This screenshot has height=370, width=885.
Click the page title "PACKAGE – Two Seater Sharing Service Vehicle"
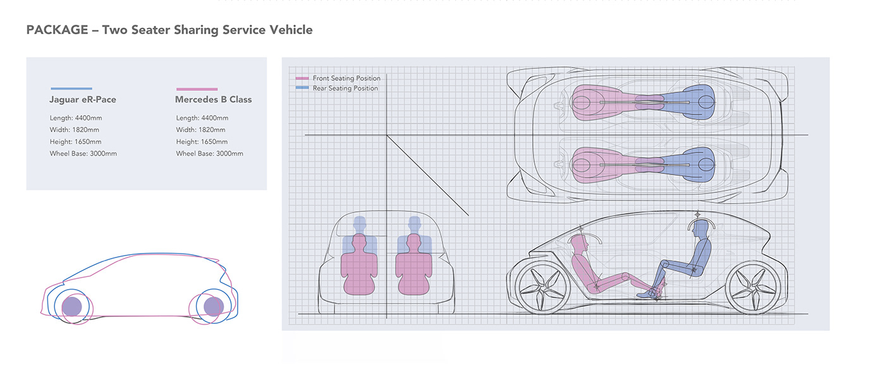[x=169, y=30]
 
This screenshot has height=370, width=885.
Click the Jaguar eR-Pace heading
[x=83, y=99]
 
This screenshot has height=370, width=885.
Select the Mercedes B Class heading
[x=213, y=99]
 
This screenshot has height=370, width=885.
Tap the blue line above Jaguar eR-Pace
[x=71, y=89]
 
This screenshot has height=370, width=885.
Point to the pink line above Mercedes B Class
[x=197, y=89]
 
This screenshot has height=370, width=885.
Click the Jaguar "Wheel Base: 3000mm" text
[x=83, y=154]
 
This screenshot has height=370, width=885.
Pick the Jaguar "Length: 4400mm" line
[x=76, y=118]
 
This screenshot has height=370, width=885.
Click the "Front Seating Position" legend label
[x=346, y=78]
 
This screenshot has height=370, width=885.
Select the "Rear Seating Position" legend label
[x=345, y=89]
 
